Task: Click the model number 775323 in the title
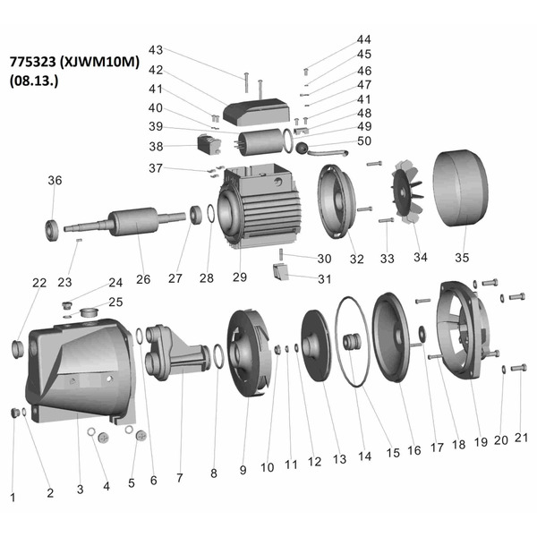pyautogui.click(x=34, y=62)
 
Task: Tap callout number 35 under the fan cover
pyautogui.click(x=461, y=258)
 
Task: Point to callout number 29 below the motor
pyautogui.click(x=239, y=277)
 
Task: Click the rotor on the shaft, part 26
pyautogui.click(x=133, y=222)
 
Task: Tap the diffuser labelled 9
pyautogui.click(x=251, y=358)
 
